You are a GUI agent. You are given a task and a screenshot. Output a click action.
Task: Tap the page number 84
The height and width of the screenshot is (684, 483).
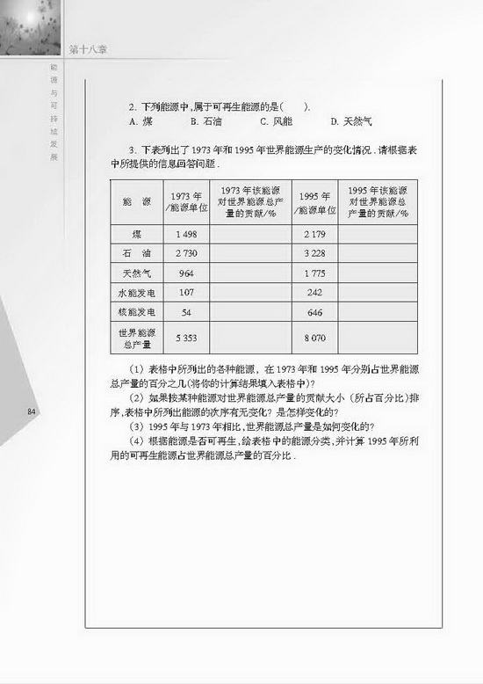click(32, 411)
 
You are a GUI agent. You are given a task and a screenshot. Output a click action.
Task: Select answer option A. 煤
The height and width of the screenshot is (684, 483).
click(137, 121)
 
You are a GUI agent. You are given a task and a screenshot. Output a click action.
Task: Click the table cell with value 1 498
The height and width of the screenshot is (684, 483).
click(185, 235)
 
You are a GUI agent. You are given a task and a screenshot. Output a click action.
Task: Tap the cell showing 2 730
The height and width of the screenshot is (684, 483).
click(185, 253)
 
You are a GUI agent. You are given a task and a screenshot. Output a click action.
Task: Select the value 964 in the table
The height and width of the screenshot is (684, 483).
click(185, 273)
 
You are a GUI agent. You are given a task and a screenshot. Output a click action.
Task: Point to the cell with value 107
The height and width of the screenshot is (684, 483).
click(185, 292)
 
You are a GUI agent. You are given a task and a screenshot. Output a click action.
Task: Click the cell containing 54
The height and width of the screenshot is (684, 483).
click(185, 312)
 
